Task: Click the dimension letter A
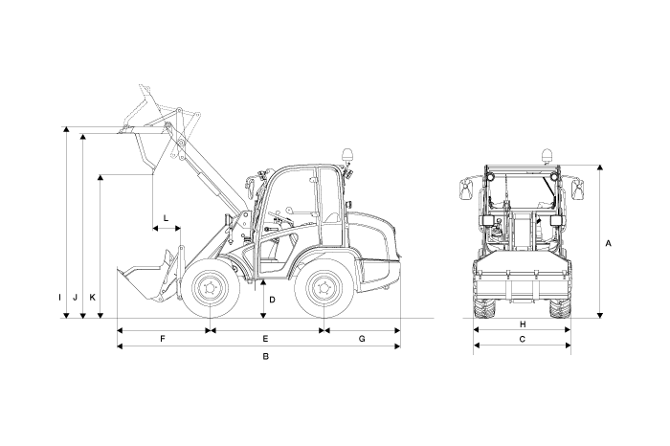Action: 610,243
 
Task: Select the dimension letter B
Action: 265,357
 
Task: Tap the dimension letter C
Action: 522,340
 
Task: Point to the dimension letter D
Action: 272,300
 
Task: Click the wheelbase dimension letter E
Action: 265,340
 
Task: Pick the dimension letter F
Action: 163,340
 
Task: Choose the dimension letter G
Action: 362,340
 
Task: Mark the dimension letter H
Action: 522,324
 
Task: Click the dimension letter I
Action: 59,298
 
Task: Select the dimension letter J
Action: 75,298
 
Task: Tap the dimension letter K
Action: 92,298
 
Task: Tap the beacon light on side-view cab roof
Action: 347,155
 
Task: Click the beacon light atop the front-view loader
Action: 547,154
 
